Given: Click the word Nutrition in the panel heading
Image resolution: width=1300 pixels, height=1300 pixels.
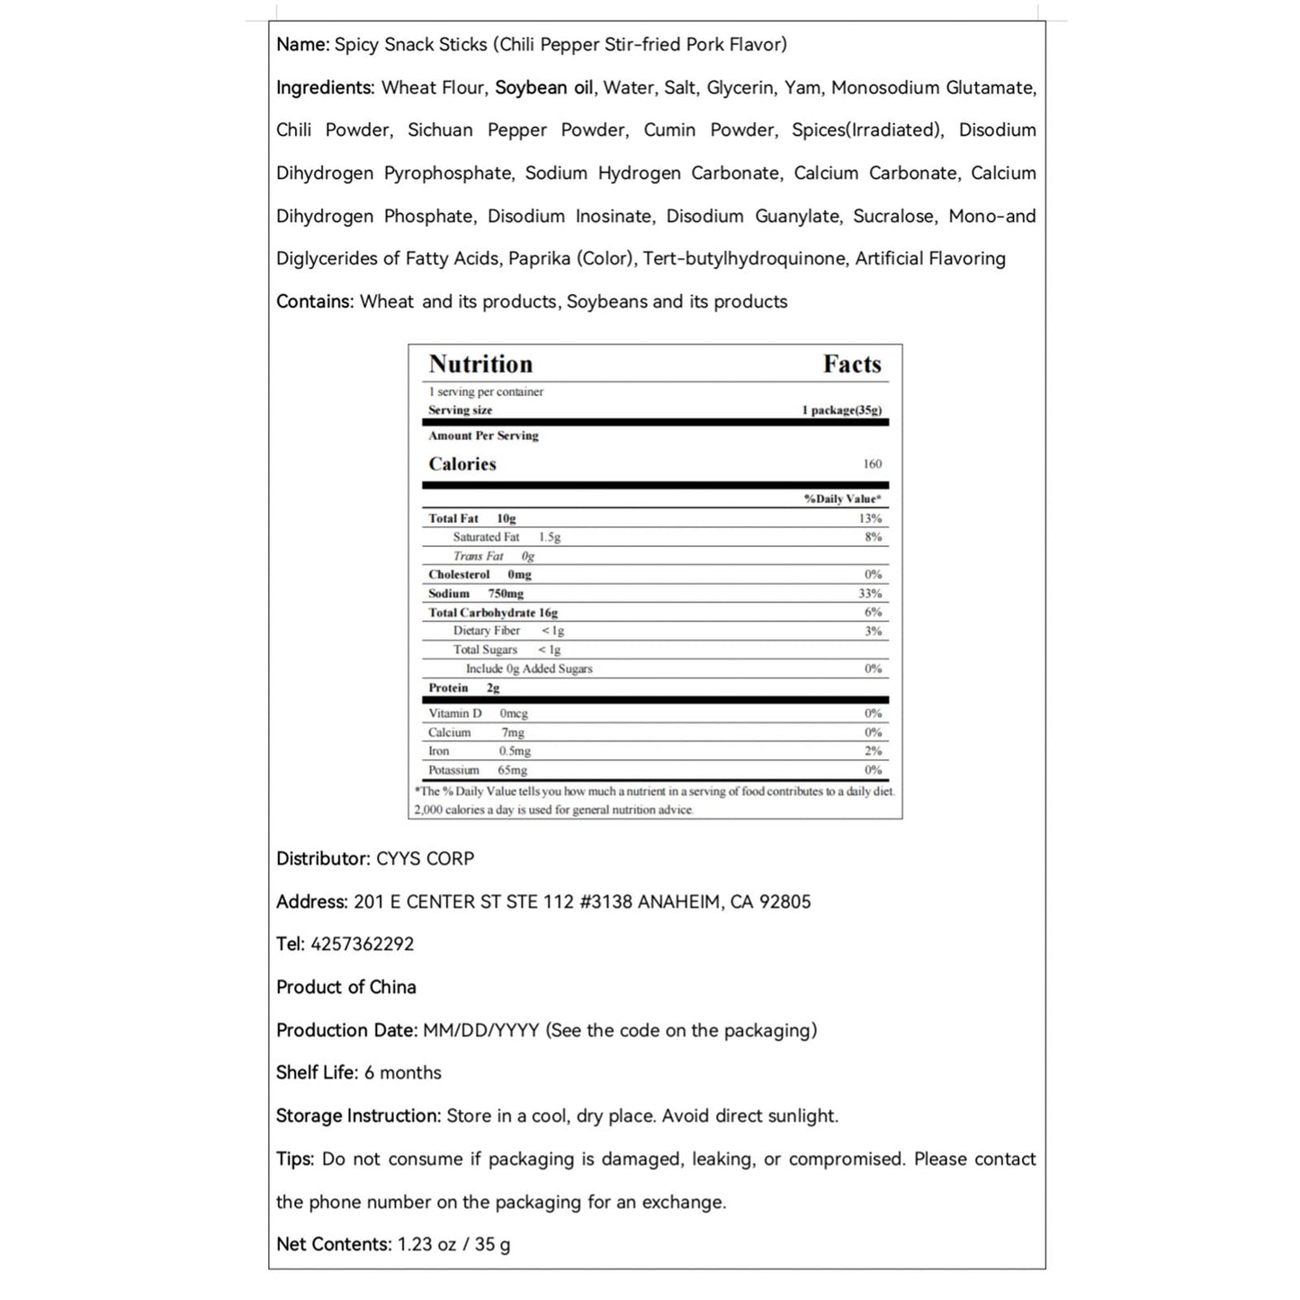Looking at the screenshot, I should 480,364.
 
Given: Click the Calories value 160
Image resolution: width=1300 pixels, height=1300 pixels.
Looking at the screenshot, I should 872,464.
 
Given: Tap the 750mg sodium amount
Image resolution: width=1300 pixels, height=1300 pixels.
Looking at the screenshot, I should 506,594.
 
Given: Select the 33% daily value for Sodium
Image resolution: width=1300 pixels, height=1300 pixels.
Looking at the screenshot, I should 870,594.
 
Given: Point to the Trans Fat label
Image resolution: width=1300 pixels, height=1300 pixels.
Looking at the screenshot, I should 478,556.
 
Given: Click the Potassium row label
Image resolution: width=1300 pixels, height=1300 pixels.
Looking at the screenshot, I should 453,770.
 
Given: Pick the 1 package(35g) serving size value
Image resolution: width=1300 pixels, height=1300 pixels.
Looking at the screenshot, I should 841,410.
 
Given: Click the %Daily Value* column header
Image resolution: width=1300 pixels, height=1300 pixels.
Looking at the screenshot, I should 842,499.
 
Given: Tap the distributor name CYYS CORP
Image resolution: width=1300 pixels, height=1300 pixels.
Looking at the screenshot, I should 425,858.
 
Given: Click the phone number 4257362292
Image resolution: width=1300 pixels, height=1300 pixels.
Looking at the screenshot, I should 362,944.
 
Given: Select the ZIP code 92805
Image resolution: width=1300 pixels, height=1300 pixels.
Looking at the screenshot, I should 784,901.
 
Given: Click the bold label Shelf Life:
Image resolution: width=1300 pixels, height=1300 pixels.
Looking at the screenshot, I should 317,1072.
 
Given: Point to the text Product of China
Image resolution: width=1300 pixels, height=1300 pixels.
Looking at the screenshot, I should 346,987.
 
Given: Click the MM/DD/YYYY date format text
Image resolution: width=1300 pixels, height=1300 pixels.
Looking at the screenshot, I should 480,1030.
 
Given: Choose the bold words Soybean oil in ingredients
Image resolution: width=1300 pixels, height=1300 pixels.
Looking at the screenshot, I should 544,87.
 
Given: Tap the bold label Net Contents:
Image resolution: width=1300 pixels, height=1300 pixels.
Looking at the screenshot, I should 334,1244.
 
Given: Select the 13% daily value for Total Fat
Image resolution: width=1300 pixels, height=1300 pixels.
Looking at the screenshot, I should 870,518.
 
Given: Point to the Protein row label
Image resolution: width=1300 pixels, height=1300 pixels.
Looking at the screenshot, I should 448,688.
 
